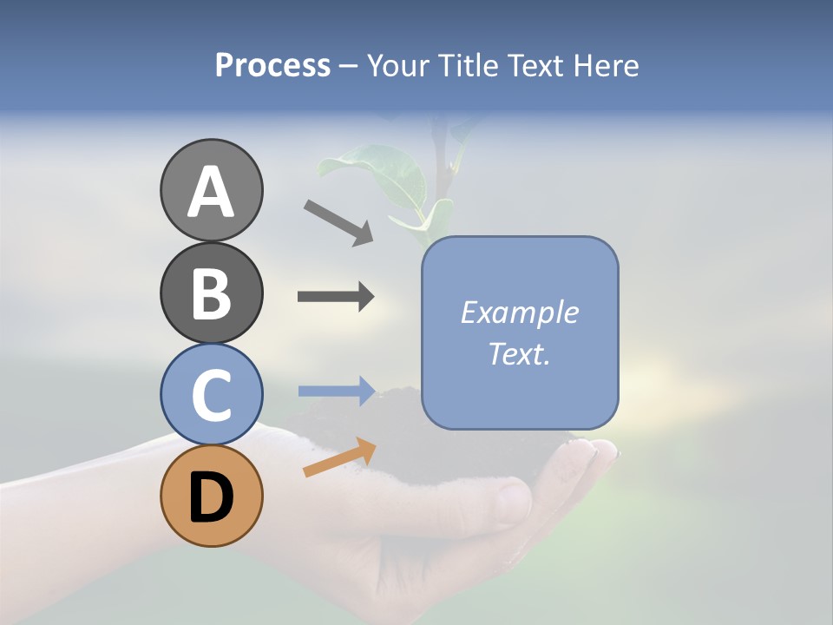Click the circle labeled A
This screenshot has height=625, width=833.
click(x=211, y=190)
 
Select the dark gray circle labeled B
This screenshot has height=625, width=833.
click(x=211, y=293)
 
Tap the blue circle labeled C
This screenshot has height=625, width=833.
click(x=211, y=395)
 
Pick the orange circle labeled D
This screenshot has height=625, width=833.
click(x=211, y=497)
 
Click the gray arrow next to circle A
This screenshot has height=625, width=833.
click(x=338, y=222)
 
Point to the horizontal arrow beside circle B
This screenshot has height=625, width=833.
click(x=336, y=297)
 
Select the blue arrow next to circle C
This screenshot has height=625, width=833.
click(x=337, y=391)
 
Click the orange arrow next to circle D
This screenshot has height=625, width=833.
click(x=339, y=457)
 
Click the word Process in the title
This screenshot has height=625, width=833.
click(x=272, y=66)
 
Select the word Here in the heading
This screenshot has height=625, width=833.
click(x=605, y=66)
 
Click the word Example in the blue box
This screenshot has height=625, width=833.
click(x=519, y=312)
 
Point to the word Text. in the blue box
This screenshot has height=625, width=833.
click(x=519, y=353)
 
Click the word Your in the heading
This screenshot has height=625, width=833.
click(x=398, y=66)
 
